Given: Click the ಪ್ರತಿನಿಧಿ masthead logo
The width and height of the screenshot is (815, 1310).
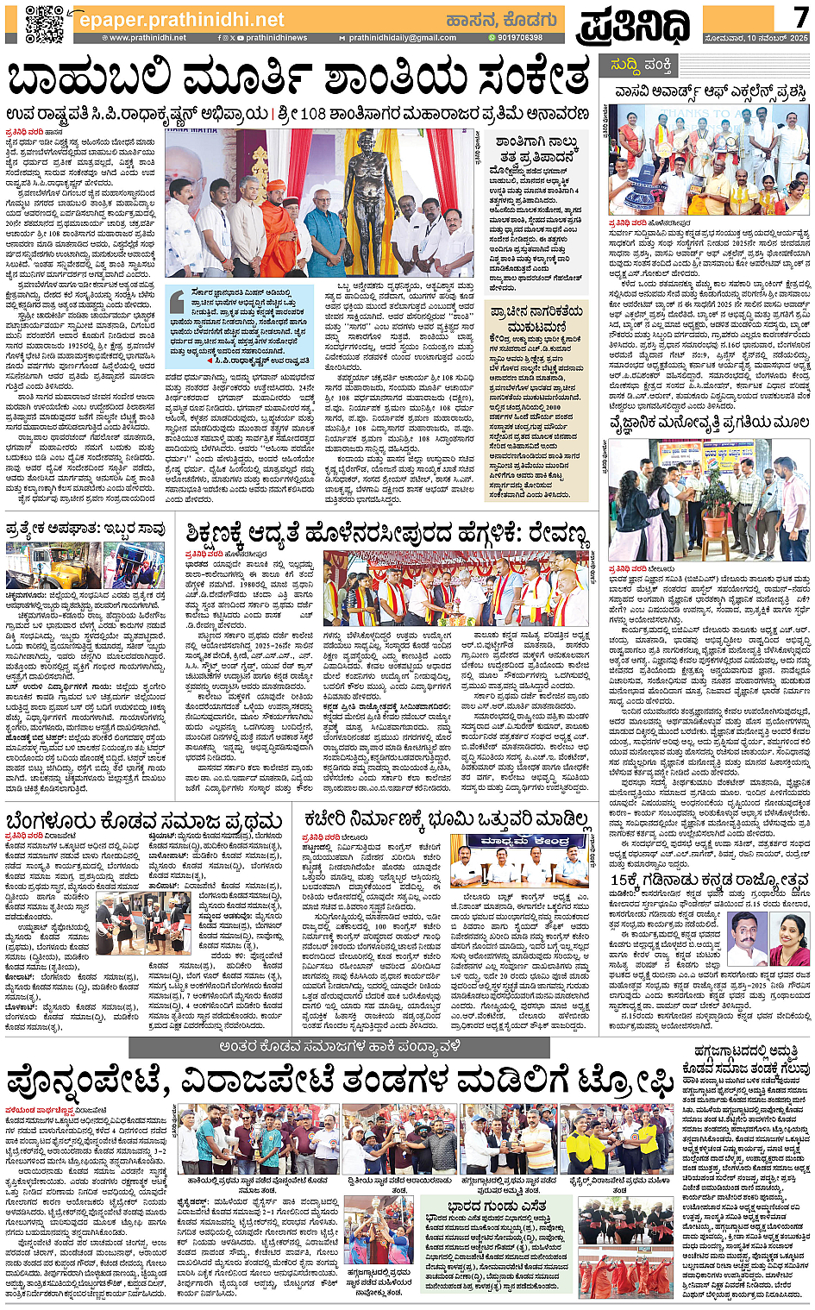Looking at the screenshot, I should pyautogui.click(x=634, y=25).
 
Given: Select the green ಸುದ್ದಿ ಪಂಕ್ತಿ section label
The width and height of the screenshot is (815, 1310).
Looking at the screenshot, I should pyautogui.click(x=641, y=65).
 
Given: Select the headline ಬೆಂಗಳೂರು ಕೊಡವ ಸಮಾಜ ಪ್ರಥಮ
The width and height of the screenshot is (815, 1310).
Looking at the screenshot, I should pyautogui.click(x=144, y=820).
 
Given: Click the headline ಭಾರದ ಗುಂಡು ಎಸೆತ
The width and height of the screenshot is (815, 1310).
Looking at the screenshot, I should pyautogui.click(x=497, y=1204).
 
